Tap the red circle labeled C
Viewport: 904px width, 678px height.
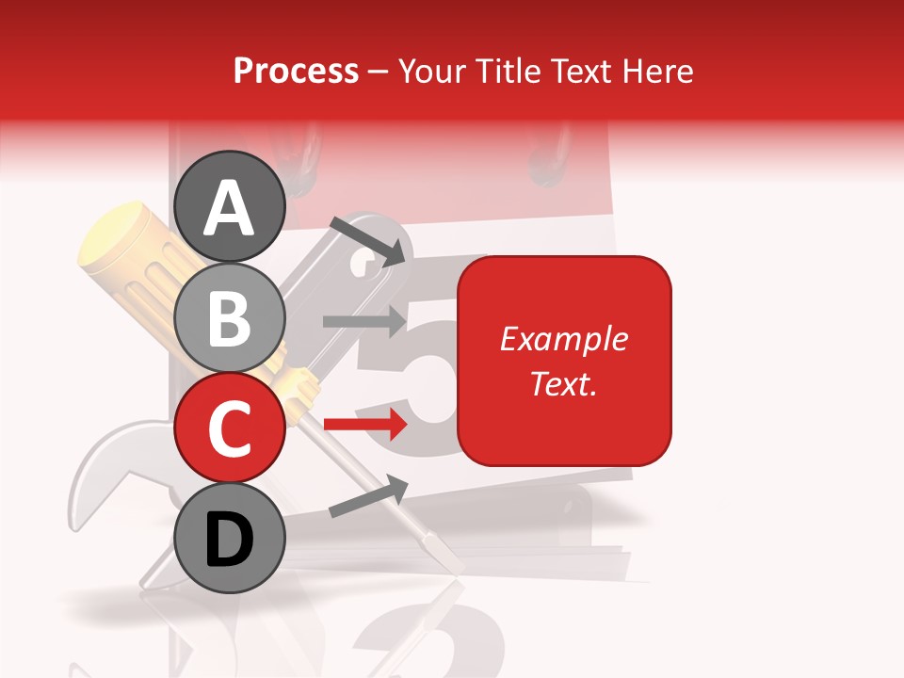(230, 427)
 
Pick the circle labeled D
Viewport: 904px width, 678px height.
(230, 538)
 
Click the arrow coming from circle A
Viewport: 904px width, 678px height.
(368, 240)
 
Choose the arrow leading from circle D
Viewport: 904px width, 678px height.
(368, 496)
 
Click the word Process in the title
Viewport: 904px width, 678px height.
(296, 71)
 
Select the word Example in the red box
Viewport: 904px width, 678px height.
(563, 339)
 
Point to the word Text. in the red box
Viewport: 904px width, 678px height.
(563, 383)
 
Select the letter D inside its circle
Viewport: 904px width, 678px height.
(230, 540)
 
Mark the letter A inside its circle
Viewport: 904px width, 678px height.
(230, 207)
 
